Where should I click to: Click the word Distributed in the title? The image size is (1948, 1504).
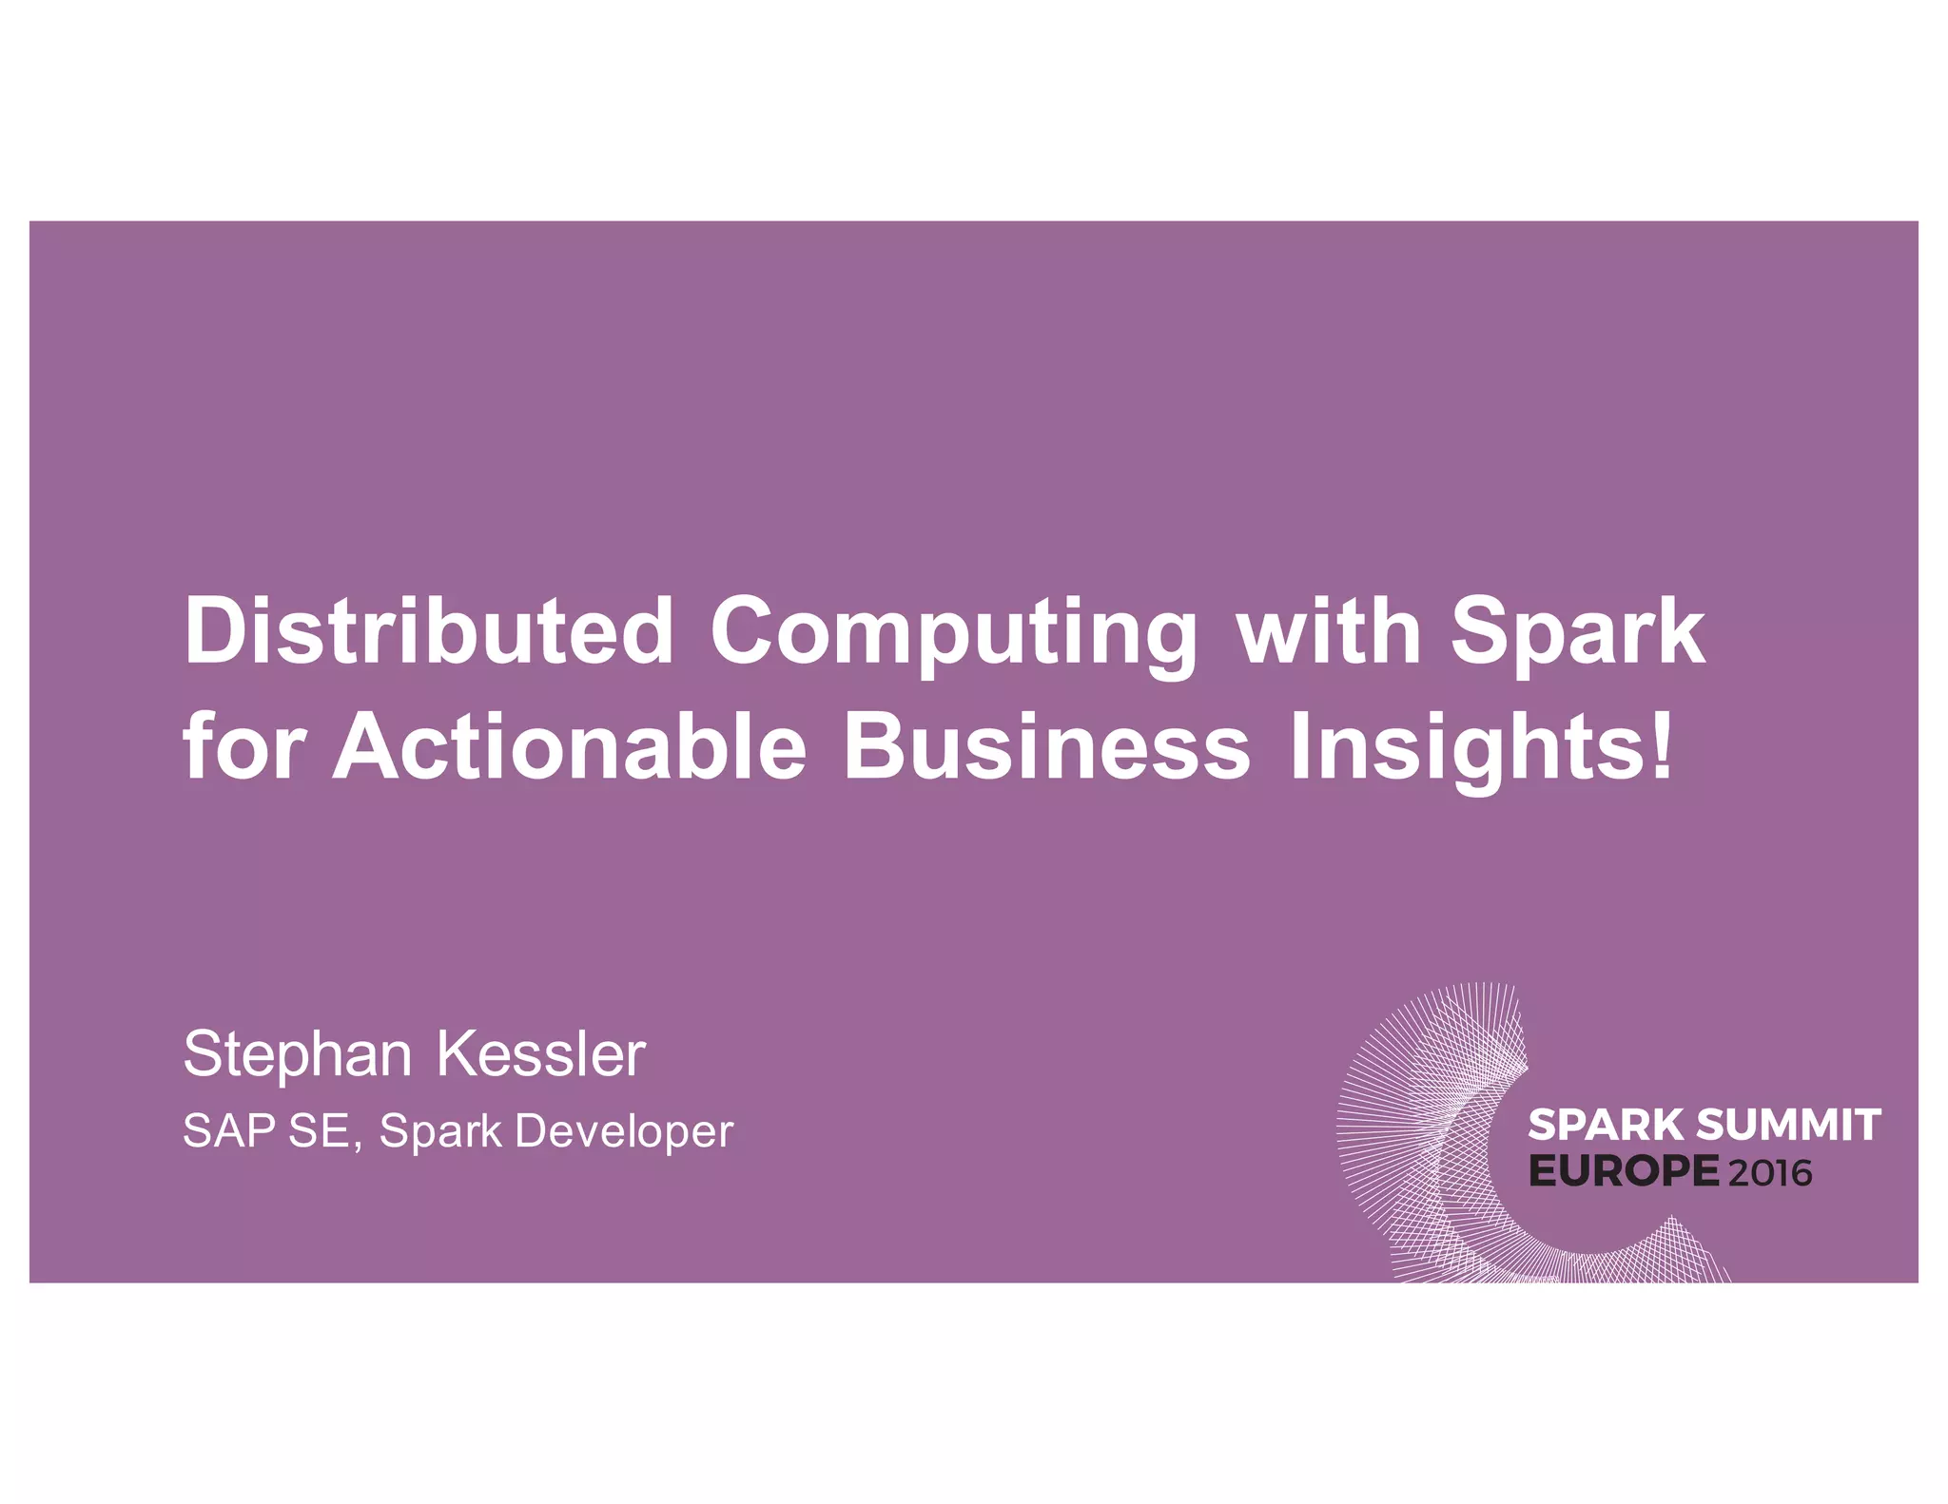429,630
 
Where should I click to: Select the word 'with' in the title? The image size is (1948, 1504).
1328,630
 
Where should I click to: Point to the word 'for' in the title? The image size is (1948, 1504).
244,747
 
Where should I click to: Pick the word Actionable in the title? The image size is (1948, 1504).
570,747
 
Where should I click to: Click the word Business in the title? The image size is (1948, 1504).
1046,747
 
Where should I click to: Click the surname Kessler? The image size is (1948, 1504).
541,1054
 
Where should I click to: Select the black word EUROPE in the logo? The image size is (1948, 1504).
1624,1171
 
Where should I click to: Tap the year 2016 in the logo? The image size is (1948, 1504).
1770,1173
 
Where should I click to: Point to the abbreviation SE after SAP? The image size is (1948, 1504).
325,1131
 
